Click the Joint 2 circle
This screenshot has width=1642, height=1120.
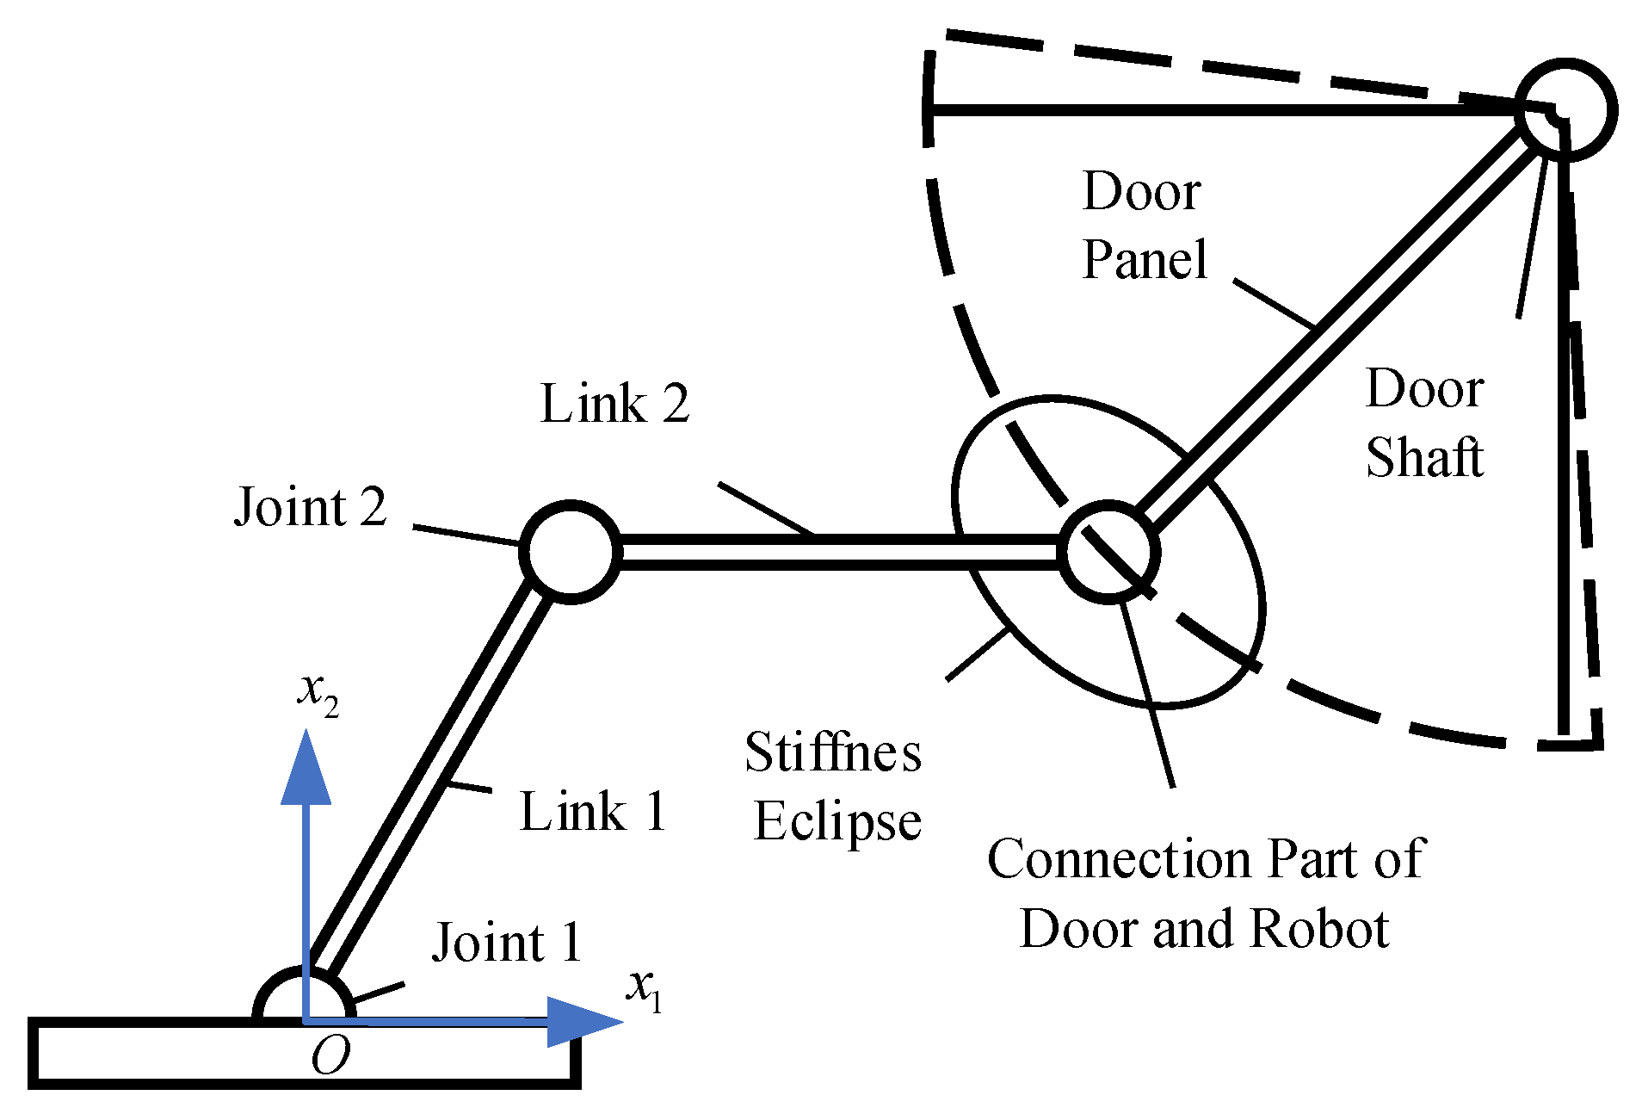(571, 552)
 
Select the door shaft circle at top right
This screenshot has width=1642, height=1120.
(1565, 109)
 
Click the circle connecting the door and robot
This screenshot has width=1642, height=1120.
(1108, 552)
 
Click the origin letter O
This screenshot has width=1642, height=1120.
(330, 1055)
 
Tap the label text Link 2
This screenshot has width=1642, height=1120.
(614, 403)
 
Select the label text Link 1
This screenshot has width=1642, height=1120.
(593, 811)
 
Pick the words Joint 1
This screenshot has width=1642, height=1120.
(507, 942)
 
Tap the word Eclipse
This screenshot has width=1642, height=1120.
(837, 820)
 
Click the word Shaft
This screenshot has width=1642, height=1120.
(1424, 456)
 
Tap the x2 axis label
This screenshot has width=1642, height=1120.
(318, 694)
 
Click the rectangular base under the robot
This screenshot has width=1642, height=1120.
(172, 1055)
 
